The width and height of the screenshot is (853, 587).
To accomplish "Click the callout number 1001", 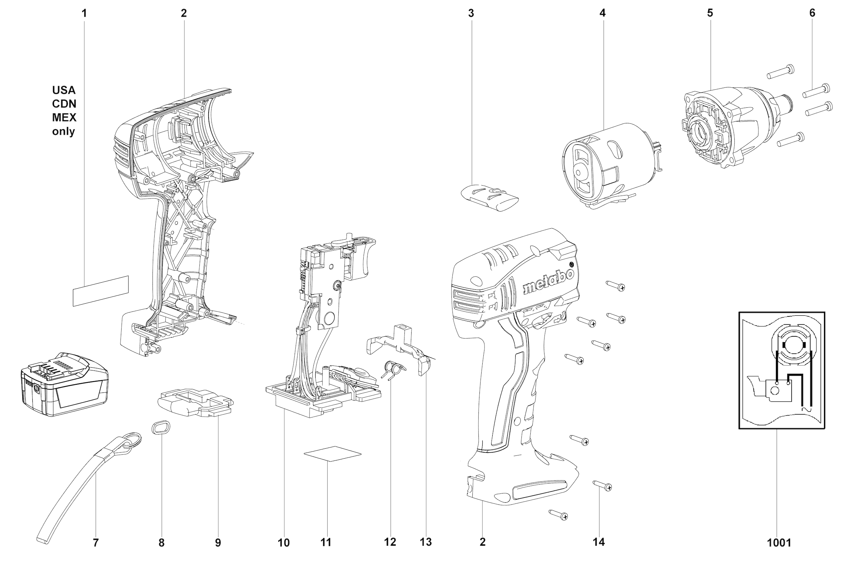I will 779,543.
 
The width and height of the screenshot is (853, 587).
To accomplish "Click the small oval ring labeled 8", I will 161,427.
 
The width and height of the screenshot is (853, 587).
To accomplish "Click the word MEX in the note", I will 64,117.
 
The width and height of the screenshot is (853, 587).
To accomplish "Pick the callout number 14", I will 599,542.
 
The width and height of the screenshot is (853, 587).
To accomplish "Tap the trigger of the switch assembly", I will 360,257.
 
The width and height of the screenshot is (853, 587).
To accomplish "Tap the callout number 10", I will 284,543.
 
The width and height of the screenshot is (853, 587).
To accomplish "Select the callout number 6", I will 812,13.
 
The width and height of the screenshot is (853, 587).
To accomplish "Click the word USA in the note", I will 64,90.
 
